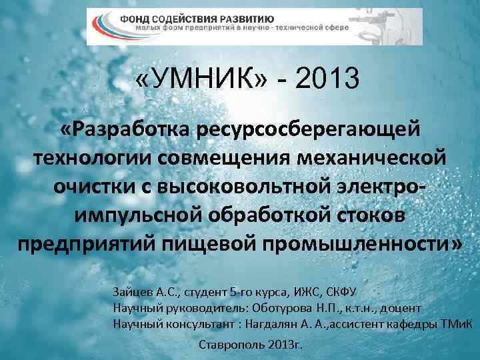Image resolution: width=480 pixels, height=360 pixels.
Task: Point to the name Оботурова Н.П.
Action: (x=293, y=309)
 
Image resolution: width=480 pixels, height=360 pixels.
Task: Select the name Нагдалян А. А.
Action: (x=283, y=325)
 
